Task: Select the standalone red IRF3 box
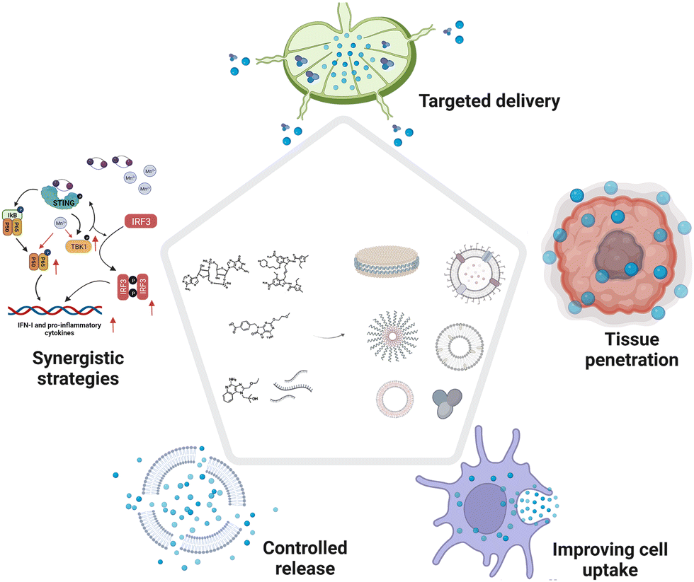140,221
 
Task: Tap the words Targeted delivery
489,101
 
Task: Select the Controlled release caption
305,557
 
